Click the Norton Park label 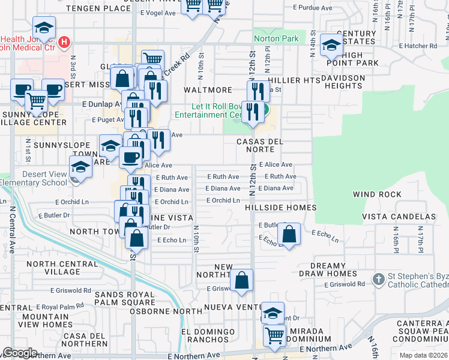pyautogui.click(x=276, y=39)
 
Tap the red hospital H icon pyautogui.click(x=64, y=43)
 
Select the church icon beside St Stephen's pyautogui.click(x=378, y=279)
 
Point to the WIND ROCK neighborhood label pyautogui.click(x=377, y=194)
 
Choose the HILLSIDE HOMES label pyautogui.click(x=280, y=208)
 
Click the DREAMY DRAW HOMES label pyautogui.click(x=328, y=270)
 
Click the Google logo pyautogui.click(x=19, y=353)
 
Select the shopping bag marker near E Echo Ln pyautogui.click(x=289, y=235)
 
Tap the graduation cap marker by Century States pyautogui.click(x=331, y=44)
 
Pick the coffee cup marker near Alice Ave pyautogui.click(x=130, y=158)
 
